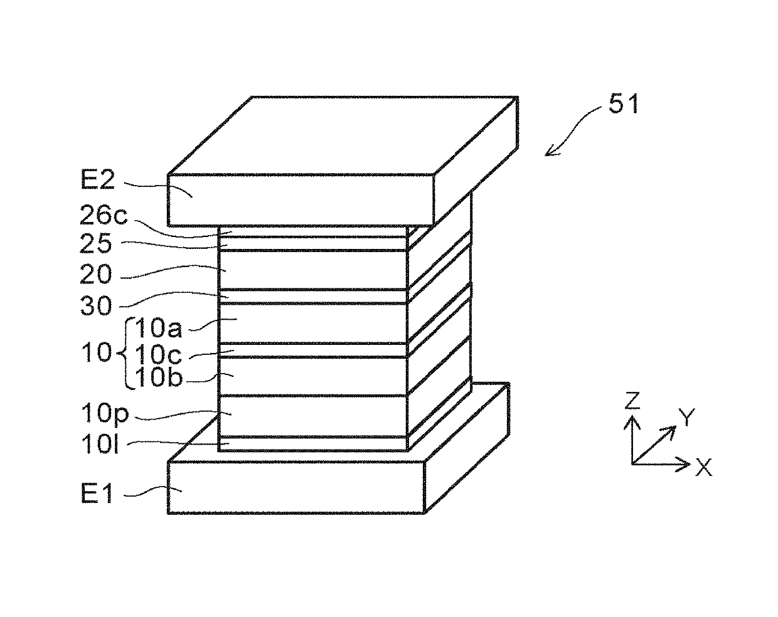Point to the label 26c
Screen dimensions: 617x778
pyautogui.click(x=103, y=216)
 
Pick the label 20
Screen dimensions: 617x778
pyautogui.click(x=95, y=275)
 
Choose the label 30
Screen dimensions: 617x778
pyautogui.click(x=95, y=306)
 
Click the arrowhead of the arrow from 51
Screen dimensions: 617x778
pyautogui.click(x=548, y=152)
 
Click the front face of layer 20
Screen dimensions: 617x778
pyautogui.click(x=312, y=270)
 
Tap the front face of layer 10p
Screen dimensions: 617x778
pyautogui.click(x=312, y=415)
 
